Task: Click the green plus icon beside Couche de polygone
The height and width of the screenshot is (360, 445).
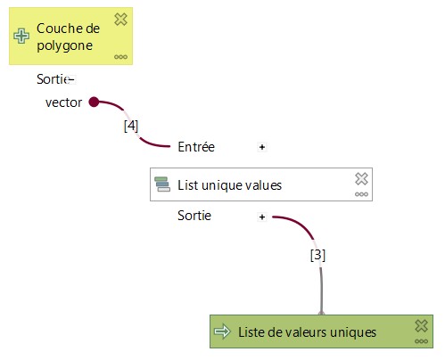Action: pyautogui.click(x=21, y=37)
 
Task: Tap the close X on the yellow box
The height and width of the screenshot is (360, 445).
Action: pyautogui.click(x=120, y=20)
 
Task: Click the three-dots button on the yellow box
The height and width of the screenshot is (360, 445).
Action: pyautogui.click(x=120, y=57)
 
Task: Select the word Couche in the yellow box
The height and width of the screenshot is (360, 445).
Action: pyautogui.click(x=56, y=29)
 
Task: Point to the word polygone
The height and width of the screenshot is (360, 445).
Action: pyautogui.click(x=65, y=46)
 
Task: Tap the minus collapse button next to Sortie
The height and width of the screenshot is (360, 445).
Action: pyautogui.click(x=70, y=79)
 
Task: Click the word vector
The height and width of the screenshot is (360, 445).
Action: pyautogui.click(x=63, y=102)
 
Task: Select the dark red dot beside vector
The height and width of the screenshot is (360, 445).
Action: pyautogui.click(x=94, y=102)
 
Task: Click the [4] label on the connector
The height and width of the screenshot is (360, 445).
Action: pyautogui.click(x=131, y=126)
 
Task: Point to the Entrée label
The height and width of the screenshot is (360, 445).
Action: pyautogui.click(x=196, y=147)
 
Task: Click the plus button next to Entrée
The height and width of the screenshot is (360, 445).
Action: pyautogui.click(x=262, y=147)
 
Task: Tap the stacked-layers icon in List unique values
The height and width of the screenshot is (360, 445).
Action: pyautogui.click(x=162, y=184)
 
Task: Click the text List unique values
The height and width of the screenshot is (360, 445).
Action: pyautogui.click(x=229, y=185)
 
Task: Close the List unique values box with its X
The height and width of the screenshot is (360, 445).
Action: pyautogui.click(x=361, y=179)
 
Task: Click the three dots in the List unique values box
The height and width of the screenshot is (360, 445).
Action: pyautogui.click(x=361, y=194)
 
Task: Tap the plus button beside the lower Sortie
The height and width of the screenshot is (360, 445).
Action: pyautogui.click(x=262, y=217)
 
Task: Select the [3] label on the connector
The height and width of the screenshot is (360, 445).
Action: pyautogui.click(x=317, y=255)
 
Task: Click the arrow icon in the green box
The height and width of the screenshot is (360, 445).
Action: pyautogui.click(x=222, y=331)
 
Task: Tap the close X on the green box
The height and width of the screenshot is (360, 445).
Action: pyautogui.click(x=422, y=326)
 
